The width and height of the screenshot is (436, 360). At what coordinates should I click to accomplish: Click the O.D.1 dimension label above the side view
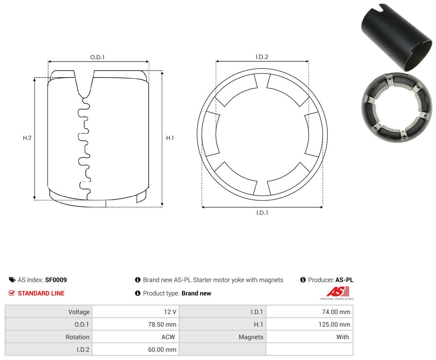tap(97, 57)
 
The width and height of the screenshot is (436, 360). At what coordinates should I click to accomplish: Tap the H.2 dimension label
tap(27, 138)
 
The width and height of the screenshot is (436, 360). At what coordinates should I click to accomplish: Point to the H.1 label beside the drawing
tap(170, 138)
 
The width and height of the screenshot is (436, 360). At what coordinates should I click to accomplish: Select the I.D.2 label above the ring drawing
tap(262, 57)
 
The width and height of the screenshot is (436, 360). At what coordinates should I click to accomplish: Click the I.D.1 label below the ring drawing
tap(262, 213)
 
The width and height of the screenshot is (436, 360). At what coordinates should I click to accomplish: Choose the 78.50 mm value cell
tap(162, 324)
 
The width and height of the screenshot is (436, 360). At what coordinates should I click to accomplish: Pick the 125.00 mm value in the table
tap(334, 324)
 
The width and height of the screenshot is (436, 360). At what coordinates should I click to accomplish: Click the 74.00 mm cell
tap(336, 312)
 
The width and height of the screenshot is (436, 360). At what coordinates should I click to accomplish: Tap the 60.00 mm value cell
tap(162, 349)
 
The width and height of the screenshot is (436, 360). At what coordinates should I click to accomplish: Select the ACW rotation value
tap(168, 337)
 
